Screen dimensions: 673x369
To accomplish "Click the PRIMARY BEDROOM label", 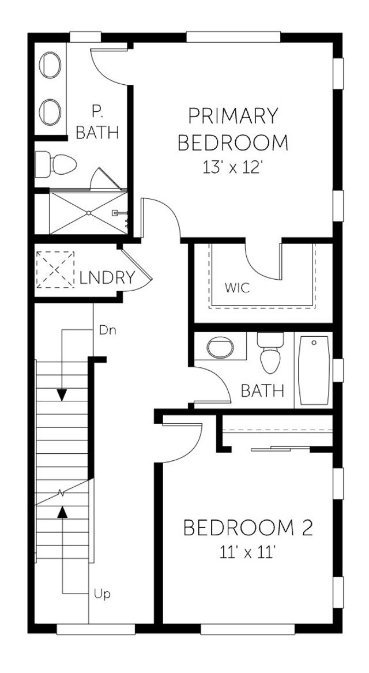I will pyautogui.click(x=233, y=129).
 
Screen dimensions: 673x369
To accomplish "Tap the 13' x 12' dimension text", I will pyautogui.click(x=233, y=167).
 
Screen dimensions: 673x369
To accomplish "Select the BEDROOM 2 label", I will pyautogui.click(x=248, y=527).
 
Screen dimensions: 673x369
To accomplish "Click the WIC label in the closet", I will pyautogui.click(x=238, y=288).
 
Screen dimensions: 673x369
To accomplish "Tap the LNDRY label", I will pyautogui.click(x=107, y=278).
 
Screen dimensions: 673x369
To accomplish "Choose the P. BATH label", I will pyautogui.click(x=97, y=122).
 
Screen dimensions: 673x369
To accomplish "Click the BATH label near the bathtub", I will pyautogui.click(x=262, y=391).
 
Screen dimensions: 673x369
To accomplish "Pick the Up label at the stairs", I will pyautogui.click(x=103, y=593).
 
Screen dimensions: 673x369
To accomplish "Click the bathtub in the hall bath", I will pyautogui.click(x=314, y=371).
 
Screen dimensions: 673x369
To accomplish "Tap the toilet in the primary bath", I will pyautogui.click(x=56, y=164).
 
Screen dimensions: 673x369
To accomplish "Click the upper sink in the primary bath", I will pyautogui.click(x=51, y=66).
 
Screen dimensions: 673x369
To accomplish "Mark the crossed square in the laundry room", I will pyautogui.click(x=55, y=269).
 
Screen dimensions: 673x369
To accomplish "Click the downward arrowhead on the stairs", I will pyautogui.click(x=62, y=395).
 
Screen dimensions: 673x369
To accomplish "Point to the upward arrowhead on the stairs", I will pyautogui.click(x=62, y=511).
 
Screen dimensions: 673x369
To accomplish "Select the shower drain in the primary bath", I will pyautogui.click(x=89, y=213).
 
